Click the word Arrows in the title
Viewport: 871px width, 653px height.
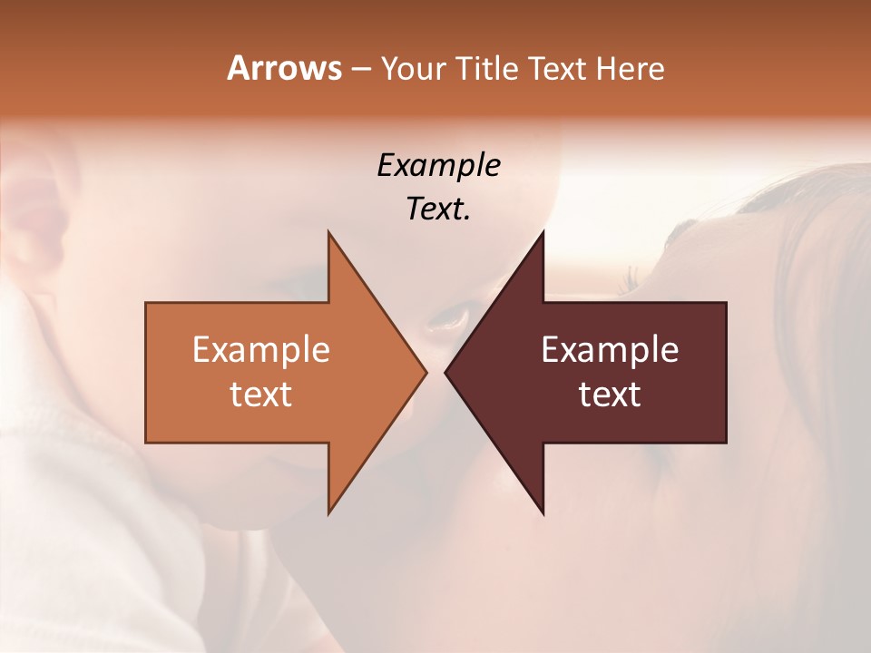click(284, 68)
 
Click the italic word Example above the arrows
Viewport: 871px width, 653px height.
click(438, 166)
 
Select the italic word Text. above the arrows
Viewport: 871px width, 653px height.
click(438, 210)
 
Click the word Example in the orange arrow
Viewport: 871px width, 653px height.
click(261, 350)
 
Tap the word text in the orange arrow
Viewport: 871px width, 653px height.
click(261, 394)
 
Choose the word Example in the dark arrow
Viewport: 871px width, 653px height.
click(610, 350)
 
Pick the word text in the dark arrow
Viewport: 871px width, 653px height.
click(610, 394)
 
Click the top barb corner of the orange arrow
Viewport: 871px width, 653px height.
click(329, 233)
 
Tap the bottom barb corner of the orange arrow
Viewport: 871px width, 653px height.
click(329, 512)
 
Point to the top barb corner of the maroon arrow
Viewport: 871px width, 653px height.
click(543, 233)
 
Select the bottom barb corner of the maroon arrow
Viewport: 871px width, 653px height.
click(543, 513)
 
